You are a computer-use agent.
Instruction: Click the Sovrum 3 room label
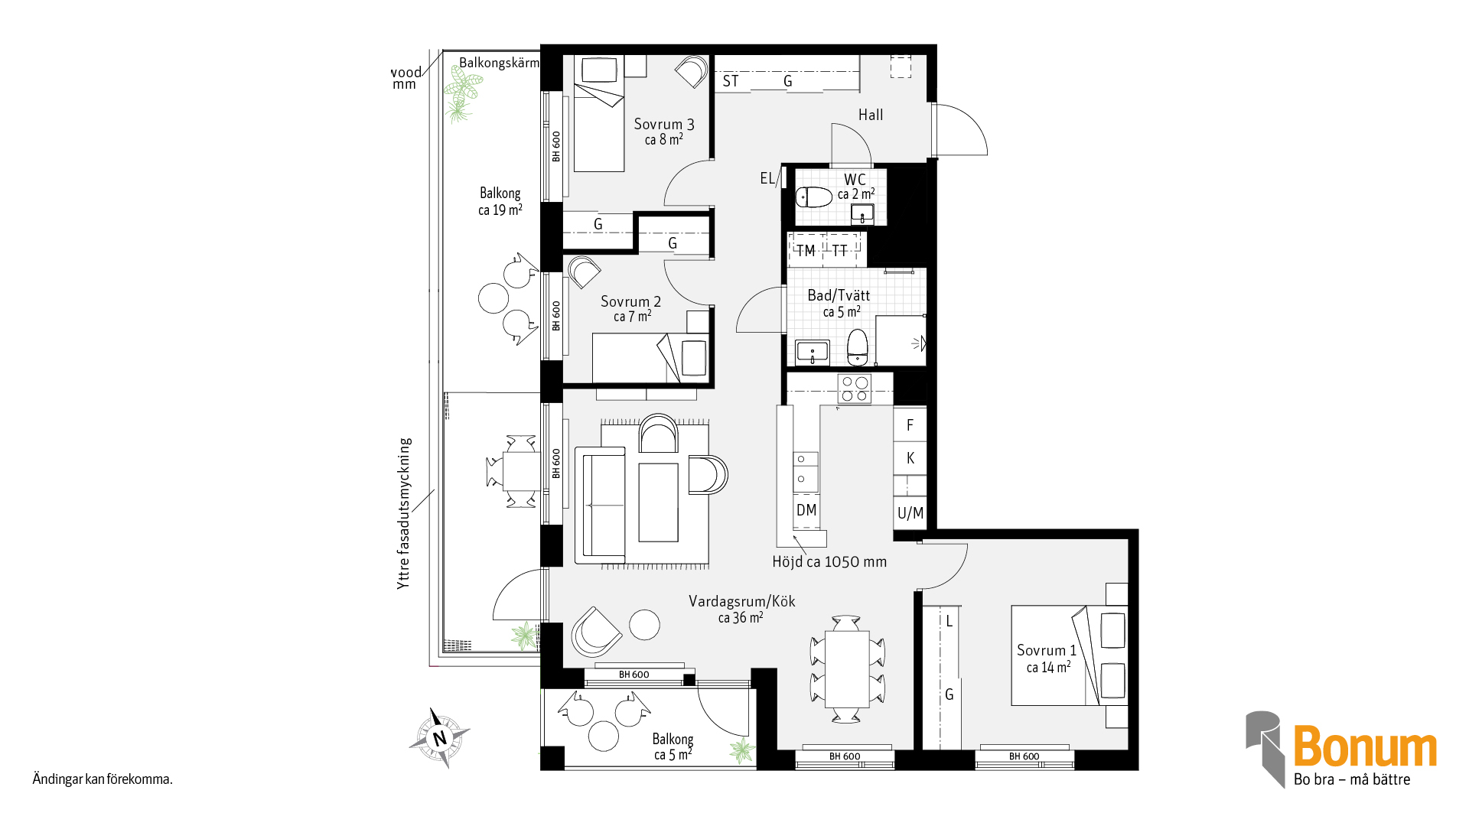[664, 124]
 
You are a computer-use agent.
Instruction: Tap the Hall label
[871, 115]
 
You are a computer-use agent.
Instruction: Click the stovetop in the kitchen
[855, 389]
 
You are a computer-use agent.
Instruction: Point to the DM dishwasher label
[806, 510]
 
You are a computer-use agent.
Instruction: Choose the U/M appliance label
[910, 513]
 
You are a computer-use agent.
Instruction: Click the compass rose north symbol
[439, 738]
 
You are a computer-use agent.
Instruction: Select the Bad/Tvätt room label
[839, 295]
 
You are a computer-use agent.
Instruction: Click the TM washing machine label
[805, 251]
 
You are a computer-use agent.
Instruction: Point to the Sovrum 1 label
[1047, 650]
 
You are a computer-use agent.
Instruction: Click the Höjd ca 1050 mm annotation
[829, 562]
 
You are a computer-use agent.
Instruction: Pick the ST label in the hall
[731, 81]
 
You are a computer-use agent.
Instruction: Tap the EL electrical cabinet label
[767, 178]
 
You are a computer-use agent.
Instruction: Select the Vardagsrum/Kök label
[741, 601]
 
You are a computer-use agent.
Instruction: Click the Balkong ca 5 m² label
[673, 746]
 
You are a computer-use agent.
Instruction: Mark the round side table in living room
[644, 625]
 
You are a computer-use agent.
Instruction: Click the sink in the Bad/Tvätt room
[813, 353]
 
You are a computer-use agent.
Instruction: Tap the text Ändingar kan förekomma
[103, 779]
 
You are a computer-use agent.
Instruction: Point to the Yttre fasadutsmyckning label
[404, 513]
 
